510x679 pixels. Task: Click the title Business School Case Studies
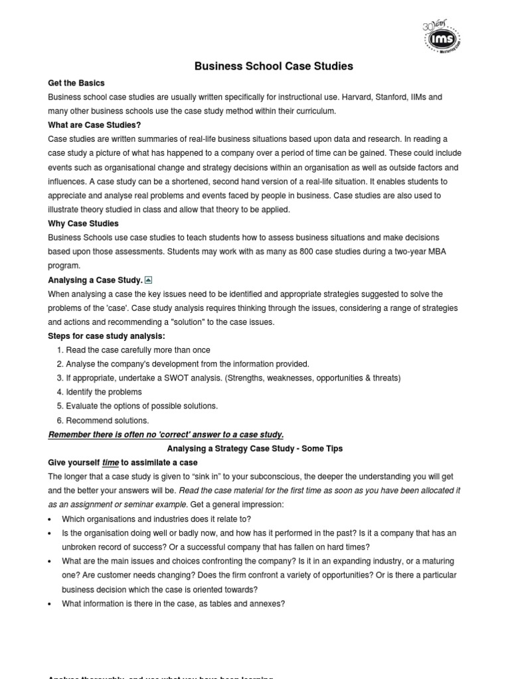coord(274,66)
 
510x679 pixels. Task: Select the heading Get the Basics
coord(76,83)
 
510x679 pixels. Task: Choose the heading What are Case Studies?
coord(94,125)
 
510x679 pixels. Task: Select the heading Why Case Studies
coord(83,223)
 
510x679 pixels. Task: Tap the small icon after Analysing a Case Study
coord(149,280)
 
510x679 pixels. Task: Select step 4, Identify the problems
coord(104,392)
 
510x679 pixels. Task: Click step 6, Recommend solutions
coord(107,420)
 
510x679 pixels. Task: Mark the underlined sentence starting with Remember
coord(165,434)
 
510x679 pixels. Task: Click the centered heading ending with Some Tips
coord(254,449)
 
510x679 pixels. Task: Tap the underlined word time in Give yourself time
coord(110,463)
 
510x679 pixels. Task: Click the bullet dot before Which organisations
coord(51,519)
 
